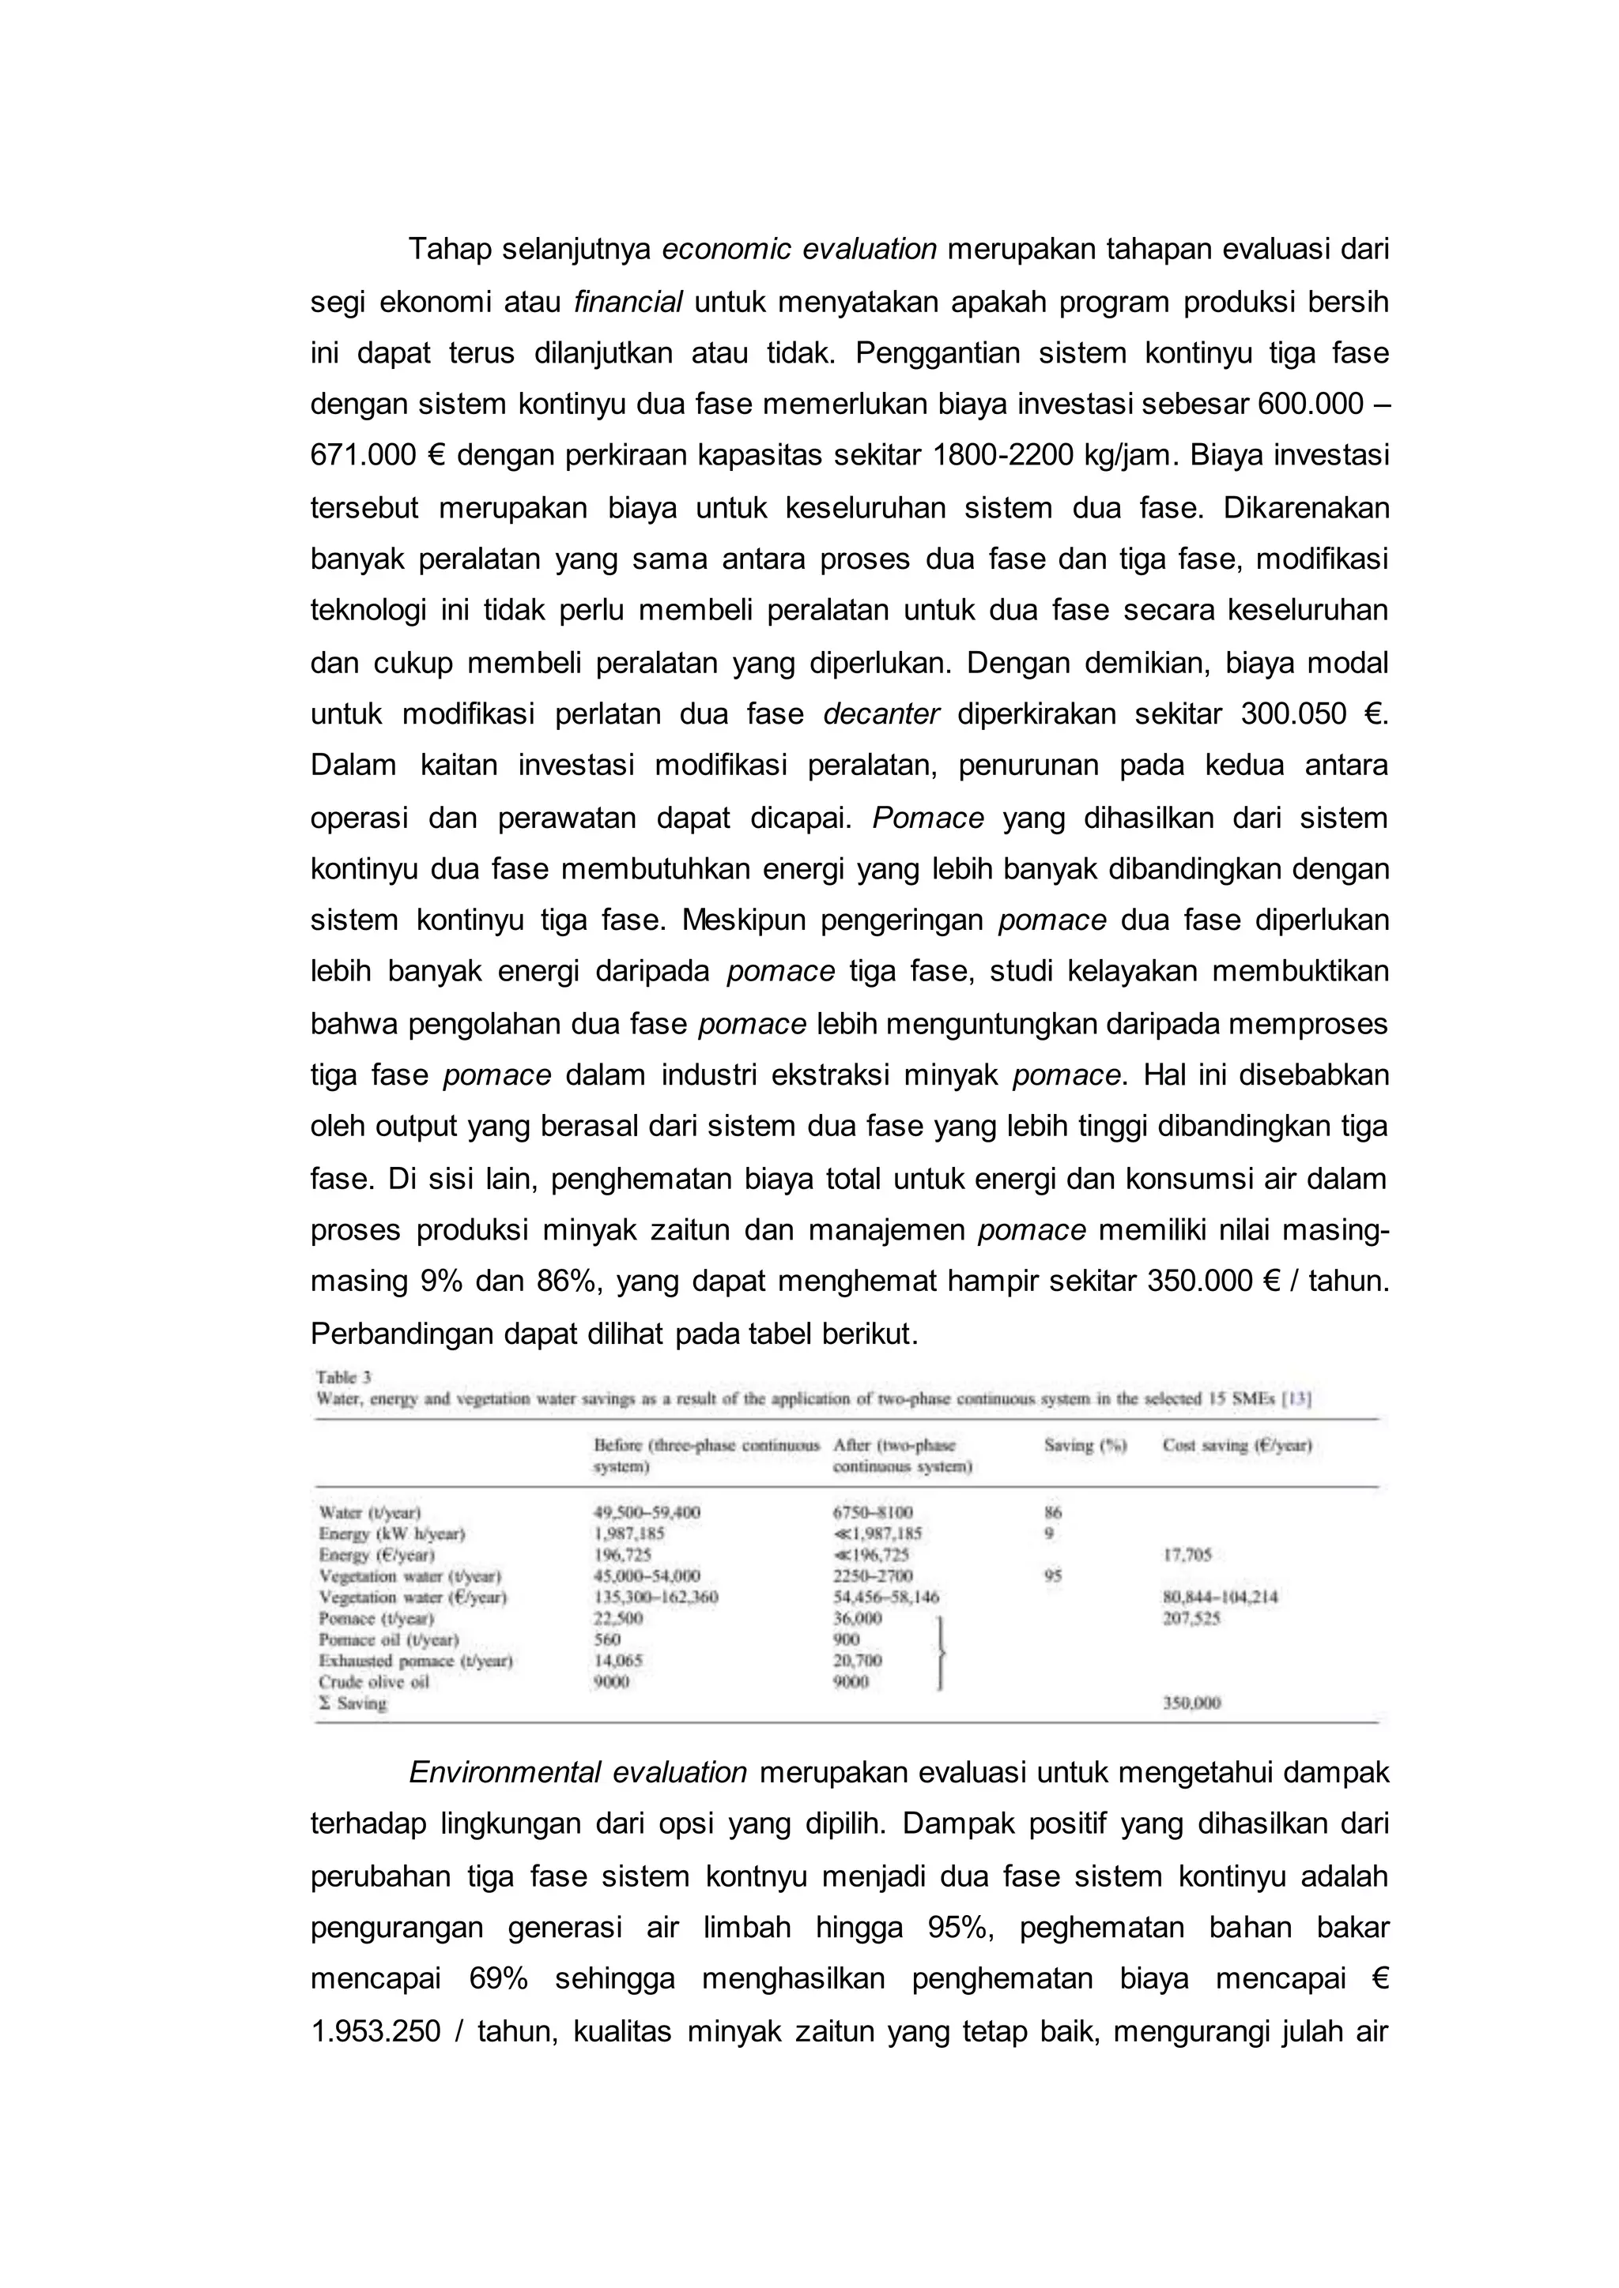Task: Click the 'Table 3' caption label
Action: click(344, 1377)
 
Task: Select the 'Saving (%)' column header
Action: click(1085, 1445)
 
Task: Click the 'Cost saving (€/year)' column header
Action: click(1236, 1445)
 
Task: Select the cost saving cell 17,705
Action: click(1187, 1555)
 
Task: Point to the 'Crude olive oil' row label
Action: click(374, 1682)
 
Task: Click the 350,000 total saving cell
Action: click(1191, 1703)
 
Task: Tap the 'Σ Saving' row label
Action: click(352, 1703)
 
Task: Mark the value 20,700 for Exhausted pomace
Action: click(858, 1660)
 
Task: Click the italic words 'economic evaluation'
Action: click(798, 249)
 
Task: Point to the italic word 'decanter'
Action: click(881, 714)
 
